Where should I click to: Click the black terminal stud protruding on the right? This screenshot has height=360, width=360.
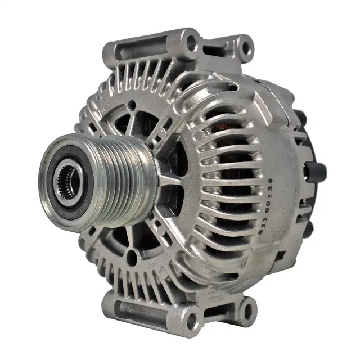tap(318, 169)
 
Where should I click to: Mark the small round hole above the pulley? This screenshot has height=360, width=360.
tap(132, 105)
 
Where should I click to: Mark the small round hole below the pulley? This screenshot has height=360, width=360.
tap(132, 258)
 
